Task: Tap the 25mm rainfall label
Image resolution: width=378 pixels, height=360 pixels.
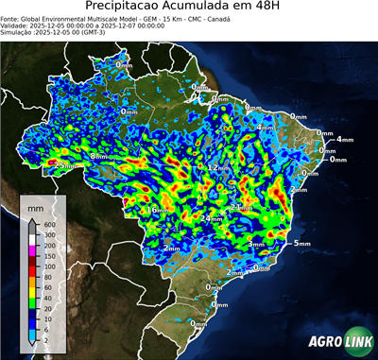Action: coord(63,165)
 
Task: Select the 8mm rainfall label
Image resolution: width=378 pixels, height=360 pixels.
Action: coord(98,156)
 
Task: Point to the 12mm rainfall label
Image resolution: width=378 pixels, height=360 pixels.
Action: coord(217,168)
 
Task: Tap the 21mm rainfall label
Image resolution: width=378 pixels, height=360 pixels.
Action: coord(242,207)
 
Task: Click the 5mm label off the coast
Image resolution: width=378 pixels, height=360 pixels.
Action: coord(302,244)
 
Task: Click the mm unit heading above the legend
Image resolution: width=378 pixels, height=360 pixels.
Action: coord(35,206)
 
